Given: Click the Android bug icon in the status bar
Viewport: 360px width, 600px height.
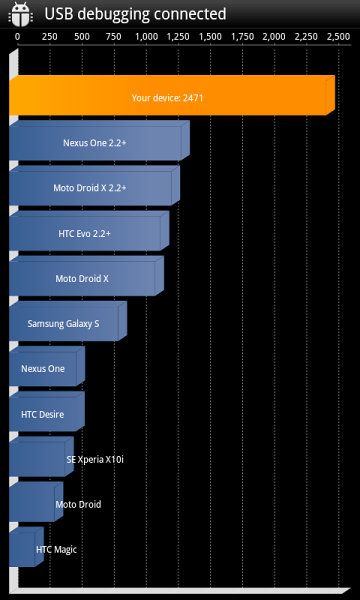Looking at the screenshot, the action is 20,14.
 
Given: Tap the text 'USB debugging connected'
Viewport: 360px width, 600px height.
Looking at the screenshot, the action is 135,14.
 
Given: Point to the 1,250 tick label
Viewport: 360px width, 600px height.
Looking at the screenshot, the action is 179,37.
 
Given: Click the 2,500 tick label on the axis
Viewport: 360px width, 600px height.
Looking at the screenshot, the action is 339,37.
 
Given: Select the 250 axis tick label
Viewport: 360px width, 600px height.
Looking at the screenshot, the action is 50,37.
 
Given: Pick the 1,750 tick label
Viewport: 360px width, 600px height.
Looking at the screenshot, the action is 243,37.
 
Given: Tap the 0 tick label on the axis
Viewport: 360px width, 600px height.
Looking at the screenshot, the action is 18,37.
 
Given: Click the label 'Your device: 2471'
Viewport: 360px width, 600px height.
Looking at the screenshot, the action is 167,98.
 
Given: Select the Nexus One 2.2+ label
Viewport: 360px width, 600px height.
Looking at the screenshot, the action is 95,143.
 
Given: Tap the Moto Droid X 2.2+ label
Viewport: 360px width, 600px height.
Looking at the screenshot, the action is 90,188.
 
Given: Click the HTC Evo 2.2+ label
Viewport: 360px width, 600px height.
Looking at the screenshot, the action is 85,233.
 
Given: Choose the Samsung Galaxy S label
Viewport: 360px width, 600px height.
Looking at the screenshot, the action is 64,324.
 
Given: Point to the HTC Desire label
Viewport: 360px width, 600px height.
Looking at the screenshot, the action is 42,414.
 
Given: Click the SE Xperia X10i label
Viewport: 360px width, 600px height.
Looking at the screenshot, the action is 95,459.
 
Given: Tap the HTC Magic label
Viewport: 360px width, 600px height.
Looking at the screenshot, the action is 56,549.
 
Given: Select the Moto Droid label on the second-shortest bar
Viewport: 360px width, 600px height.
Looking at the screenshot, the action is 78,504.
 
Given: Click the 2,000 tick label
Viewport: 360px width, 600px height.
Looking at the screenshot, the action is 275,37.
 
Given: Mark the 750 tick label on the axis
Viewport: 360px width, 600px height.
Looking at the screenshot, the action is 114,37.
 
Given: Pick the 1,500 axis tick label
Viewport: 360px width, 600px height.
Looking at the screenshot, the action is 210,37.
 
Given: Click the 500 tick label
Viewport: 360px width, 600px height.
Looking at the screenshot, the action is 82,37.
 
